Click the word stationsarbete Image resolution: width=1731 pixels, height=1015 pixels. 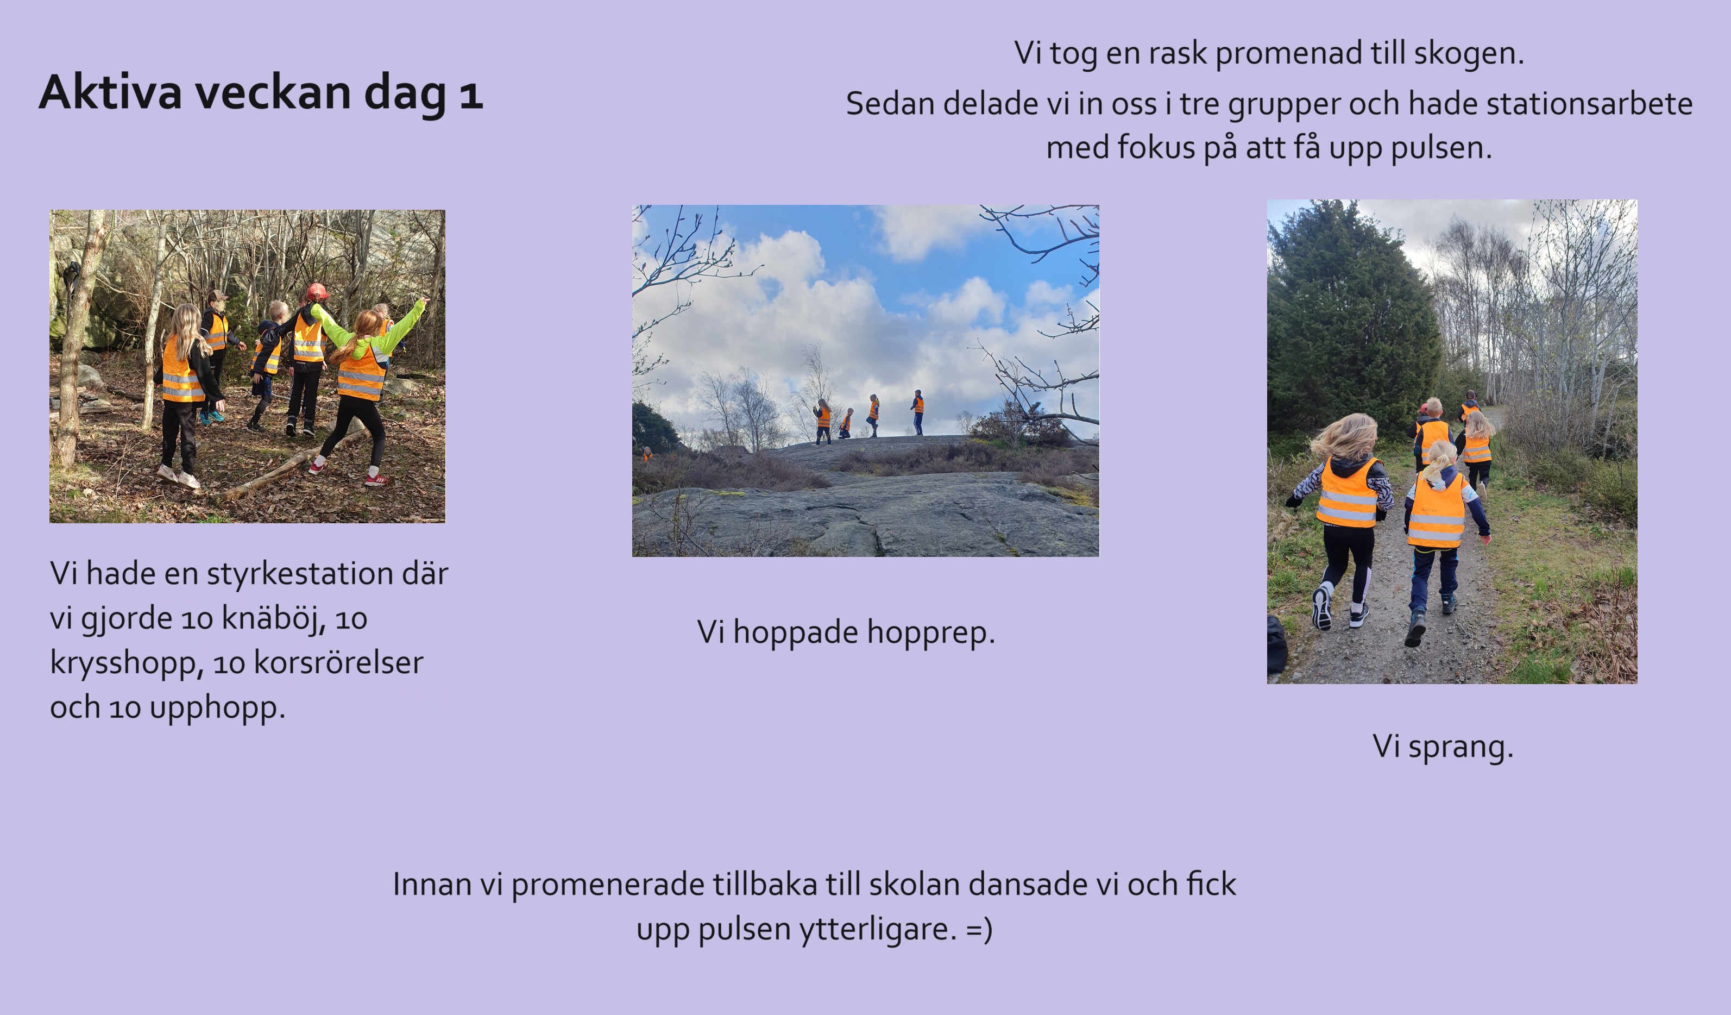(1589, 104)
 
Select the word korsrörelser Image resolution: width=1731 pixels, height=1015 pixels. (338, 663)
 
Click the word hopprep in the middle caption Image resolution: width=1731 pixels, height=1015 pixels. (931, 633)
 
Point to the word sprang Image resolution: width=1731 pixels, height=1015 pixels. (1461, 748)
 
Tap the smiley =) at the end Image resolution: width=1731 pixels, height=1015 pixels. (979, 930)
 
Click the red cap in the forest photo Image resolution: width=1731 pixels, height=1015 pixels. (317, 291)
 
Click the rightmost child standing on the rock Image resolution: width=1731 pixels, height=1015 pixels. (918, 412)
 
